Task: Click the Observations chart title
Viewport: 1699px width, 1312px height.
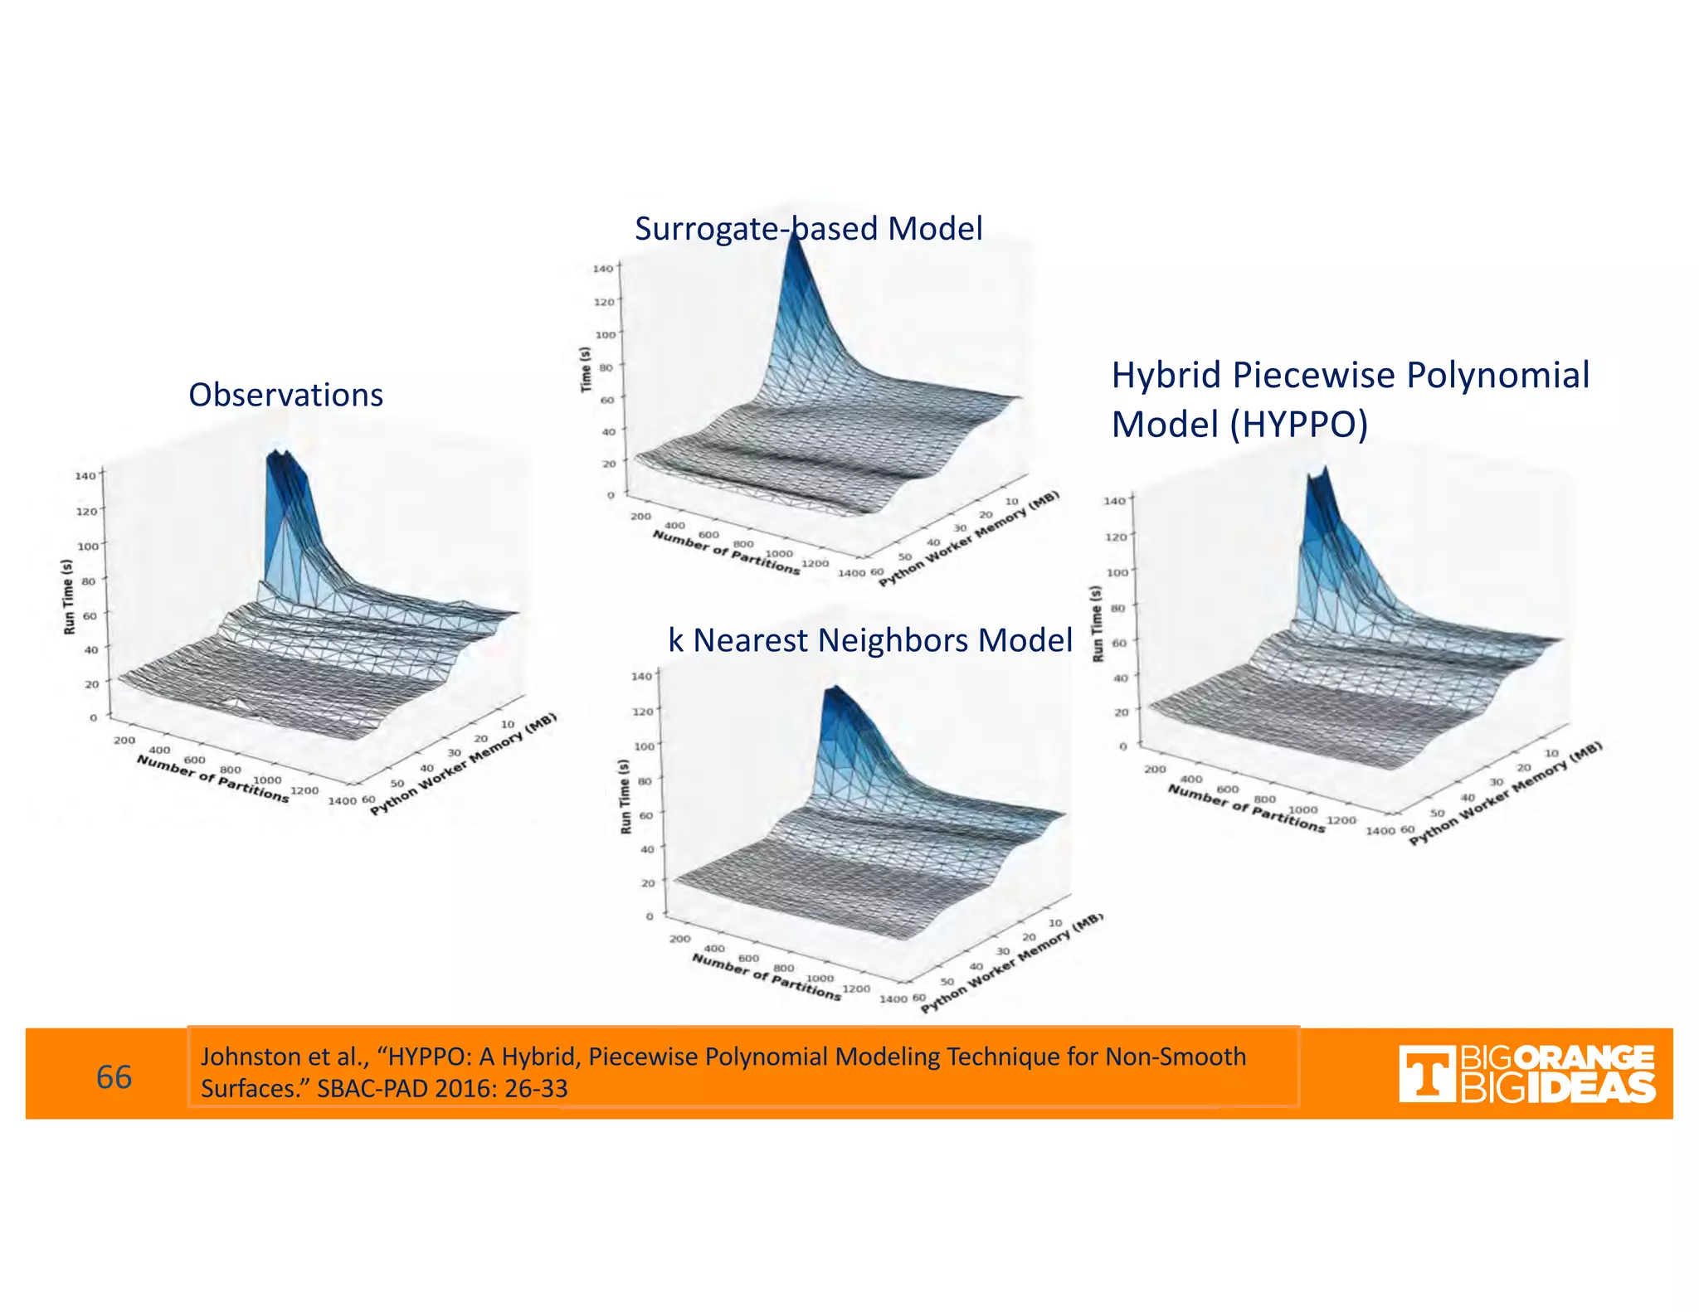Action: point(285,395)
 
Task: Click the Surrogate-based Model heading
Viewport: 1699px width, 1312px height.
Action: point(808,229)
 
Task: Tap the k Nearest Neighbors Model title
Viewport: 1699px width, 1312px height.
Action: point(869,640)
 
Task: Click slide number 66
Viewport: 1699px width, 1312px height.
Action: point(114,1076)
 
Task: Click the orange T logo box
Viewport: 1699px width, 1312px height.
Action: point(1426,1074)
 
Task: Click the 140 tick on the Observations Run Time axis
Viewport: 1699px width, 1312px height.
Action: point(85,476)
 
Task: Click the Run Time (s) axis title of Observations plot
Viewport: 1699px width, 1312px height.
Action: point(69,596)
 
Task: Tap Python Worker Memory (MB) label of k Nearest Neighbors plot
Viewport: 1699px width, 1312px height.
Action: point(1012,962)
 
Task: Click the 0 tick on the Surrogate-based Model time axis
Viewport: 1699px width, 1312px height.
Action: point(611,495)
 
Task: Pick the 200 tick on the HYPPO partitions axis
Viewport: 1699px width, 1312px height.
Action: point(1155,769)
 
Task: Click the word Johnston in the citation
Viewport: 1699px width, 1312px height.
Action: point(240,1057)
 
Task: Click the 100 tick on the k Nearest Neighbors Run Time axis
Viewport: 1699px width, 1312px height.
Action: point(644,746)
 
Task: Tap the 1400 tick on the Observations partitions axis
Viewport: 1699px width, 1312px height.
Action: point(342,800)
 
